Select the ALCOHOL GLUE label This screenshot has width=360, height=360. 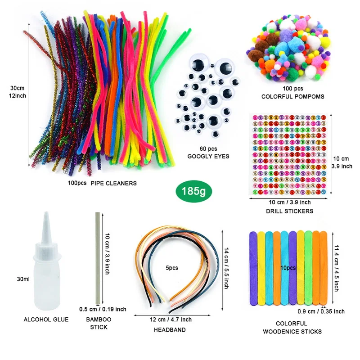click(46, 319)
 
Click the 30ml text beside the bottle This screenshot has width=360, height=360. click(23, 279)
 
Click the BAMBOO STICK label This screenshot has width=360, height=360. click(99, 323)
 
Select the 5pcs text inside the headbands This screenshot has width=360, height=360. click(172, 268)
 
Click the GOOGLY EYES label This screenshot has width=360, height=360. click(208, 156)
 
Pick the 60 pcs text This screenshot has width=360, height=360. click(208, 148)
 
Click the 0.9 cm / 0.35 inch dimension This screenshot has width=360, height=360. click(321, 311)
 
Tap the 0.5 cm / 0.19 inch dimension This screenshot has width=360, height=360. click(103, 309)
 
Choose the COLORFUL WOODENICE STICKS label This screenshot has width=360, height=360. click(292, 328)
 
